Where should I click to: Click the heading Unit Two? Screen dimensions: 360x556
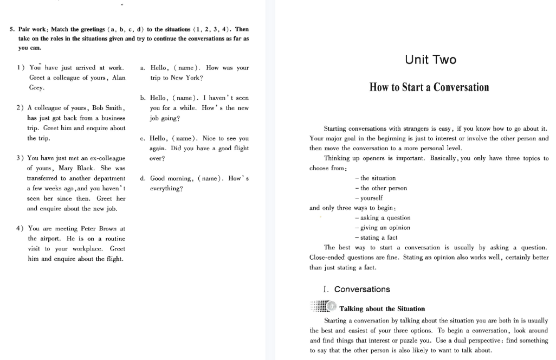pyautogui.click(x=430, y=60)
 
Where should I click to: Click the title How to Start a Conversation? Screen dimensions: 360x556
pyautogui.click(x=429, y=87)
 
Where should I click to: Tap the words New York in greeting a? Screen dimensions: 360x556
pyautogui.click(x=186, y=78)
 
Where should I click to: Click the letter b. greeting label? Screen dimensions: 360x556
pyautogui.click(x=143, y=98)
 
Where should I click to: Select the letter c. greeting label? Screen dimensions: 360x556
pyautogui.click(x=143, y=138)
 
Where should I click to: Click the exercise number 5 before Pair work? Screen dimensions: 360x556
pyautogui.click(x=12, y=29)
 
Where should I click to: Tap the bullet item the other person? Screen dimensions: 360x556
pyautogui.click(x=382, y=188)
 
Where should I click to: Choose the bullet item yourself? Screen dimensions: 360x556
pyautogui.click(x=371, y=198)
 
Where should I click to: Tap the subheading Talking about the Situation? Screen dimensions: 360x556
pyautogui.click(x=382, y=308)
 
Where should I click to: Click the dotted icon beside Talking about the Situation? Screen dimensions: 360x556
pyautogui.click(x=324, y=307)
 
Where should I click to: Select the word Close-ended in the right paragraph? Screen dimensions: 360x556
pyautogui.click(x=328, y=258)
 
